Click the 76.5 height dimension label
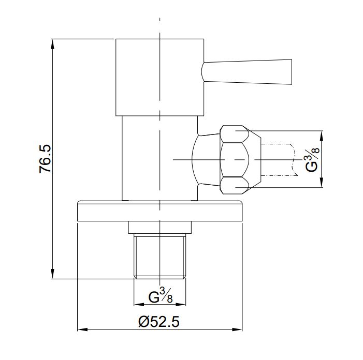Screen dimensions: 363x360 (x=45, y=159)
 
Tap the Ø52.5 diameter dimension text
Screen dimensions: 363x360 (x=159, y=322)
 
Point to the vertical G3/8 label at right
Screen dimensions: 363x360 (x=312, y=159)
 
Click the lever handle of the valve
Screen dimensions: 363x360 (x=247, y=72)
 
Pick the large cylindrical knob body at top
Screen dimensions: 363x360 (x=159, y=77)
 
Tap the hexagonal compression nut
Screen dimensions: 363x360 (x=240, y=159)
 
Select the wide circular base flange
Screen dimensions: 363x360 (x=159, y=211)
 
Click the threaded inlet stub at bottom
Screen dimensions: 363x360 (x=159, y=256)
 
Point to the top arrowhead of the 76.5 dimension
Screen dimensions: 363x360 (x=53, y=44)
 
